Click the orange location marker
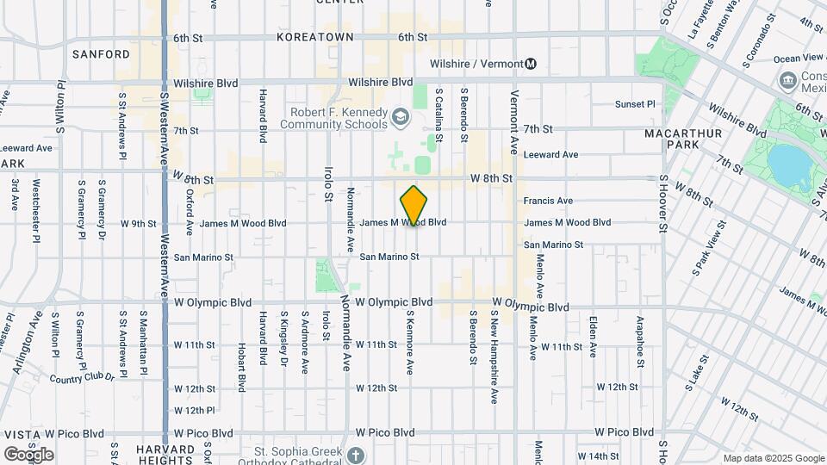(x=414, y=206)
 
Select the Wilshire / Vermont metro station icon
(x=531, y=63)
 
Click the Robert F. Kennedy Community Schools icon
(x=400, y=116)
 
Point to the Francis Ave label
(x=548, y=201)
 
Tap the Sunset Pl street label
(x=635, y=104)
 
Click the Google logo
(x=28, y=454)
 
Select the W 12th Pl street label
(x=194, y=410)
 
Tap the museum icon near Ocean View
(x=787, y=81)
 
